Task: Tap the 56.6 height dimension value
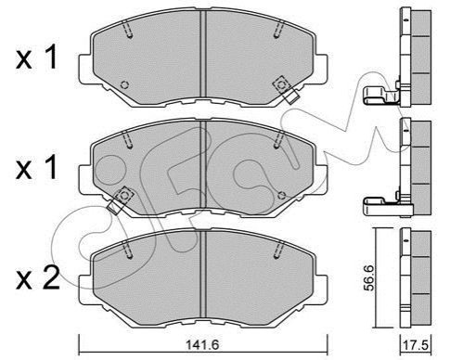(x=369, y=277)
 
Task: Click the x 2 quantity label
(x=38, y=278)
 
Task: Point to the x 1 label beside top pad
(x=37, y=57)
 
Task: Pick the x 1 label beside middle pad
(x=37, y=167)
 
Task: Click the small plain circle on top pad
(x=124, y=84)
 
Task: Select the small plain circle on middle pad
(x=281, y=195)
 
